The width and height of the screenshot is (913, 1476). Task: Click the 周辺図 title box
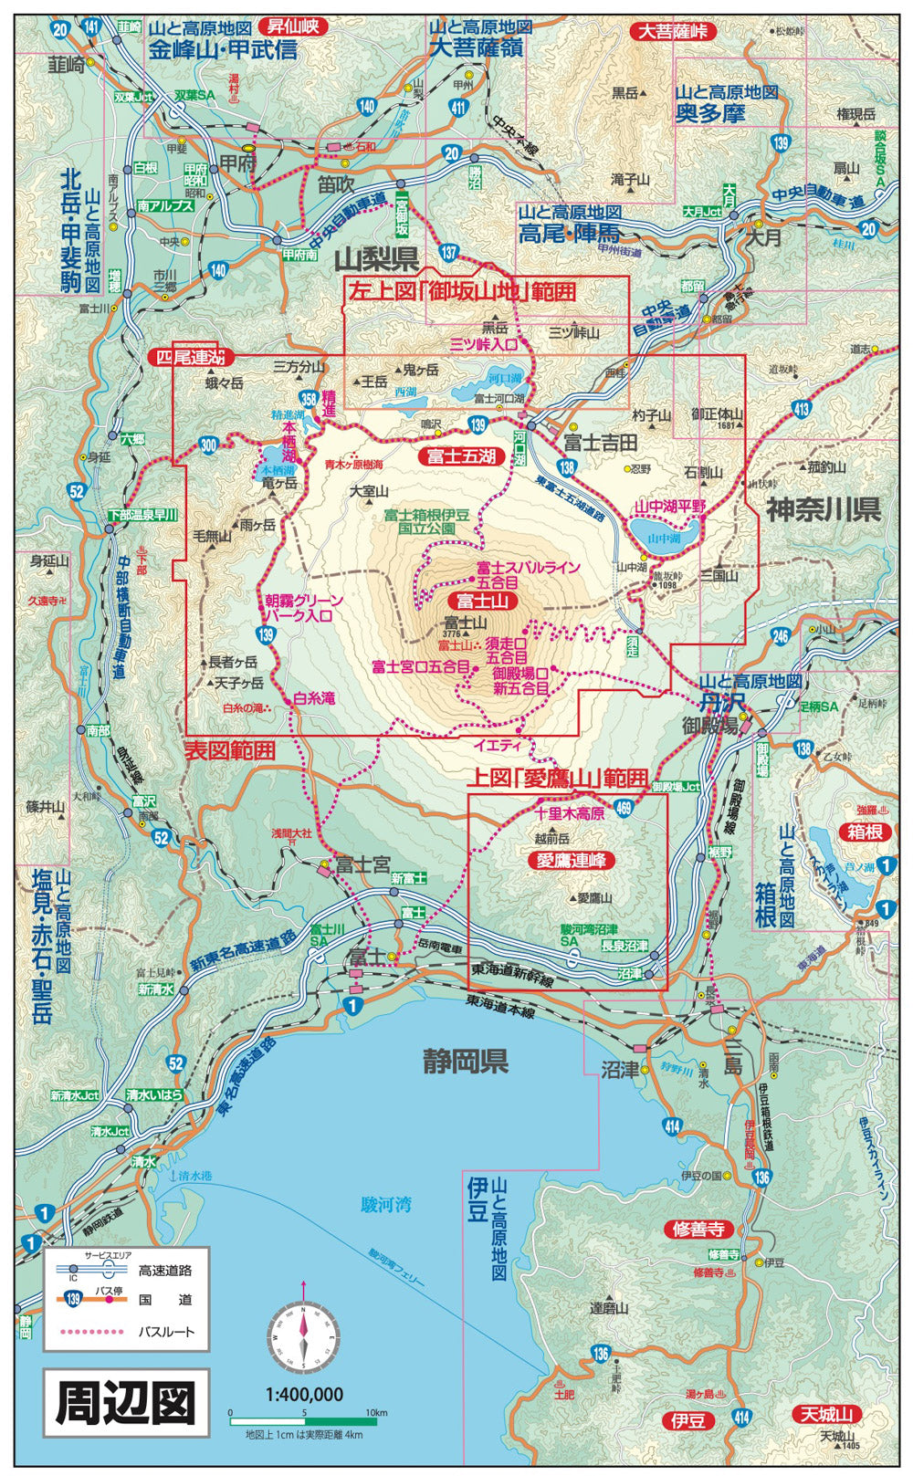[126, 1404]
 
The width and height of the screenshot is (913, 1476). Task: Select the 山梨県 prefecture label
[375, 260]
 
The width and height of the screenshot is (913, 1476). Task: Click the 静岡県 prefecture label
[465, 1062]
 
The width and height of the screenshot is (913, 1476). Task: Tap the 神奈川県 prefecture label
[823, 509]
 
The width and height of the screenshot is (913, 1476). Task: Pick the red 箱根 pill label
[864, 832]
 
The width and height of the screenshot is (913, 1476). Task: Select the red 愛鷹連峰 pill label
[572, 860]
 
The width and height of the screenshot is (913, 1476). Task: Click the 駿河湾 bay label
[385, 1205]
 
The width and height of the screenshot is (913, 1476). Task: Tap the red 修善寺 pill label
[698, 1229]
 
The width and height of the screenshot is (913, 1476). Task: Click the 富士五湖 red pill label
[461, 455]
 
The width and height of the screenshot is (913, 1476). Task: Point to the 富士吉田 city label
[600, 443]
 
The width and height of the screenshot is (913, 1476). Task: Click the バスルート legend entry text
[166, 1332]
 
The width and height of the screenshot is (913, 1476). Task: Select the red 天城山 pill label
[826, 1415]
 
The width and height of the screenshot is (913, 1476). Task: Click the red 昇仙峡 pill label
[292, 26]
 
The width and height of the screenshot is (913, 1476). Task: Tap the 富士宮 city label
[362, 864]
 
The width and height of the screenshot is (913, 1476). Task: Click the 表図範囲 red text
[229, 750]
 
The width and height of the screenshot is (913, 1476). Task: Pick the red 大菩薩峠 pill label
[673, 31]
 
